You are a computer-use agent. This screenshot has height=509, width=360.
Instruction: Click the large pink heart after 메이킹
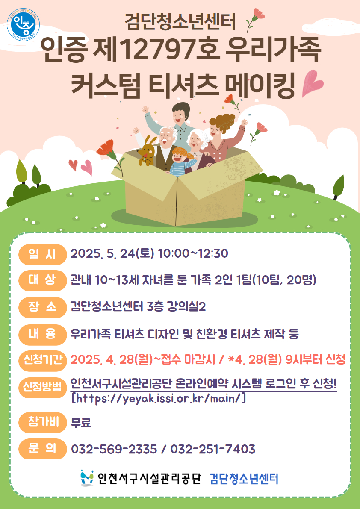[312, 83]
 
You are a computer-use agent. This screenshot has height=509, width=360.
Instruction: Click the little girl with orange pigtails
[182, 161]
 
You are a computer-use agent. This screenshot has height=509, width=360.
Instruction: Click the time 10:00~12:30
[193, 253]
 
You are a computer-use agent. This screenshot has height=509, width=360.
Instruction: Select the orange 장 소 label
[42, 307]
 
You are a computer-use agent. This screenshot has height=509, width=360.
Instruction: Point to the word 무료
[81, 423]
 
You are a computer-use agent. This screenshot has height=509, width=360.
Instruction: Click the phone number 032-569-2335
[114, 450]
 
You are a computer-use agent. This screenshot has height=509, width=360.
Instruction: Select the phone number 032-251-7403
[213, 450]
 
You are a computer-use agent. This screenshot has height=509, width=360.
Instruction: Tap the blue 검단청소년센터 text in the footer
[244, 479]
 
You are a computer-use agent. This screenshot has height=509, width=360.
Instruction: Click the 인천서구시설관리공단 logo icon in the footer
[87, 478]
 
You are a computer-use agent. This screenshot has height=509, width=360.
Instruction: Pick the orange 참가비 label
[42, 422]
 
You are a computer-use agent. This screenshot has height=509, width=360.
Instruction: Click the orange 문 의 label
[42, 449]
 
